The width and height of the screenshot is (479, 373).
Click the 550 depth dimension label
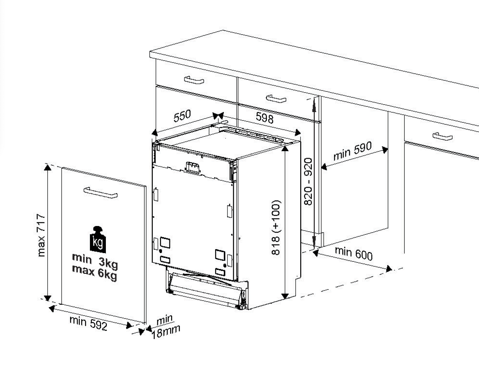click(182, 116)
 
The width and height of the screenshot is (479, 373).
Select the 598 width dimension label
click(264, 118)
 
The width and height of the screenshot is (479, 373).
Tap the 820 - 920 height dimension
click(308, 182)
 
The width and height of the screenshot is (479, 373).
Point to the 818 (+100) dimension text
click(276, 227)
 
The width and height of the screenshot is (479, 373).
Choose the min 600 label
click(354, 253)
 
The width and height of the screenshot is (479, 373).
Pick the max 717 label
click(41, 235)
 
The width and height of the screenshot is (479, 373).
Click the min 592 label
click(89, 323)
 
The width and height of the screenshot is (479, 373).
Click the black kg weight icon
click(98, 240)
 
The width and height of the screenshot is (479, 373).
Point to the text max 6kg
click(94, 272)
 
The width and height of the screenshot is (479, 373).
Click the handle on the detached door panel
click(101, 193)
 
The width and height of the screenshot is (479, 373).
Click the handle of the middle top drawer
click(276, 99)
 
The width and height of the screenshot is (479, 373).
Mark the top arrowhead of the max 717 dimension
click(48, 167)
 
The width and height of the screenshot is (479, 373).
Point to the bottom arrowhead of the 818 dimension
click(285, 296)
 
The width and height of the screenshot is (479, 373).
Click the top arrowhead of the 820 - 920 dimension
click(314, 102)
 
